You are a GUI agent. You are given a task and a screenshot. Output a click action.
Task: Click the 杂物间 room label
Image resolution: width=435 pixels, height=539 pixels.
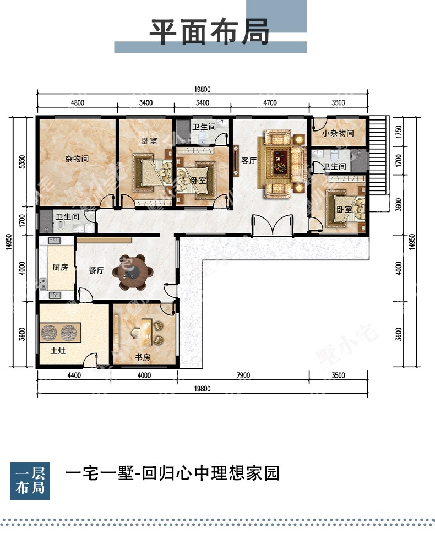[77, 159]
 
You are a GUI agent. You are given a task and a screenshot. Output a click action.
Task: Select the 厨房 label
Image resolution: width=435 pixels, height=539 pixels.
[60, 267]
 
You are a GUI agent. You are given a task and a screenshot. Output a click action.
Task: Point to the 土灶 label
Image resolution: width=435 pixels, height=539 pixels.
[58, 351]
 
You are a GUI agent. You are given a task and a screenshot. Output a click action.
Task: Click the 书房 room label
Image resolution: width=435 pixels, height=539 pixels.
[143, 357]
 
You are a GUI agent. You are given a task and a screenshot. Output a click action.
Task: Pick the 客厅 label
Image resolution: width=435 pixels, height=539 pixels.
[249, 161]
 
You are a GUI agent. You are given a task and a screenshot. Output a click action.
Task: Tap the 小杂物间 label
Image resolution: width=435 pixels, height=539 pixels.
[338, 133]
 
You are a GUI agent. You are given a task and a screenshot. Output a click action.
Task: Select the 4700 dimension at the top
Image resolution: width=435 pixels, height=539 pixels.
[270, 102]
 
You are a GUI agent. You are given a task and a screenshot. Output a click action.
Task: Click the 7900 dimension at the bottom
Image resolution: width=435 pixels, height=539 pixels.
[243, 375]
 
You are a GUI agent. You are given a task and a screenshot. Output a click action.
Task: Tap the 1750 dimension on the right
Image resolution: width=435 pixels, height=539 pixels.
[399, 132]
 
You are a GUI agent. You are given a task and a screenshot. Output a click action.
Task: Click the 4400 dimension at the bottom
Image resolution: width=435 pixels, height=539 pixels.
[74, 375]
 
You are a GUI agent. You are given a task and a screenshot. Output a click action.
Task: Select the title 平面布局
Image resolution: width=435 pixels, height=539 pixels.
[209, 32]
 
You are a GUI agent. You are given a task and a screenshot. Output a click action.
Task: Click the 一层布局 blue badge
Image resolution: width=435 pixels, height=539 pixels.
[30, 481]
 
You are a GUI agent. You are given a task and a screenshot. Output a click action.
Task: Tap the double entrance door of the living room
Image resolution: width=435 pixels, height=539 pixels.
[273, 226]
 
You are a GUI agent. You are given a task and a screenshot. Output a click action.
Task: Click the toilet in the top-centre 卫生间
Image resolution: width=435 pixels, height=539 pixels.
[203, 138]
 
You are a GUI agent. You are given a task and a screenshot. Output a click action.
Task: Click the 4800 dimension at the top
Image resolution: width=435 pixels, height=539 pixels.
[78, 102]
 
